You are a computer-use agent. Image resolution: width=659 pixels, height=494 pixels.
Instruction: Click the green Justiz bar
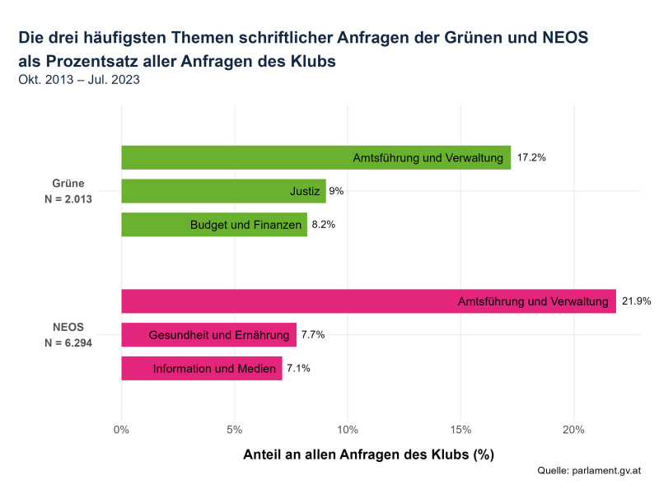(223, 191)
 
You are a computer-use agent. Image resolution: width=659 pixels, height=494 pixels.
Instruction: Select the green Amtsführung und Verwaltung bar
(315, 157)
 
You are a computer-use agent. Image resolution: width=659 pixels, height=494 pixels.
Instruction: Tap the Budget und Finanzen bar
(214, 225)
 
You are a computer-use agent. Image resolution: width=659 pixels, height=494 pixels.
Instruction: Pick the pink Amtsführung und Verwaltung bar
(368, 301)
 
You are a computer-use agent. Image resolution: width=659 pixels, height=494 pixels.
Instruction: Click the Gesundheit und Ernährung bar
(208, 335)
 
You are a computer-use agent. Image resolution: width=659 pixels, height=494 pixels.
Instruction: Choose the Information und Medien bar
(202, 369)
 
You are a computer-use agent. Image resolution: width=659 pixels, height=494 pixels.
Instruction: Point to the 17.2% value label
(531, 157)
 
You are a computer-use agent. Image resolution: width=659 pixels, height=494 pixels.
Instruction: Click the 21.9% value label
(636, 301)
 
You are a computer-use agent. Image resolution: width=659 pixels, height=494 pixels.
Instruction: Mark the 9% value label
(336, 191)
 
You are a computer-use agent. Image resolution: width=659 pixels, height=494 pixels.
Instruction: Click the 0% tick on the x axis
(121, 430)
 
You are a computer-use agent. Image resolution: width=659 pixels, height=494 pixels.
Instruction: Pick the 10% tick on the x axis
(348, 430)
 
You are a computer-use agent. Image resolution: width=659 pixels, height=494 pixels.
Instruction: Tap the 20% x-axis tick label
(573, 430)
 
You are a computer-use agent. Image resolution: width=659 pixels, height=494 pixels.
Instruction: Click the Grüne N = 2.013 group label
(68, 191)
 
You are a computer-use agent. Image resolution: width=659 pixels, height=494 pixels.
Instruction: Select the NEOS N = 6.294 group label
(68, 334)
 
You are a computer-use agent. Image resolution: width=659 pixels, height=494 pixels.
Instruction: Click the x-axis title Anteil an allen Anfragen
(368, 454)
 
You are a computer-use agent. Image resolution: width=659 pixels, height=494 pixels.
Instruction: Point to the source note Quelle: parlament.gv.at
(588, 471)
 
